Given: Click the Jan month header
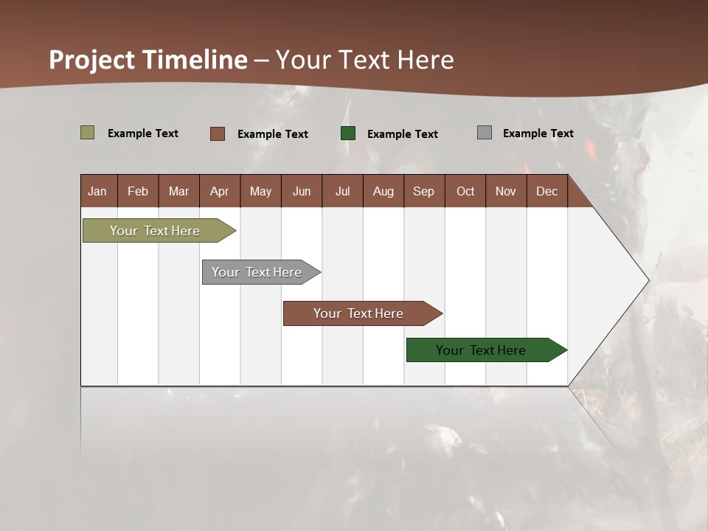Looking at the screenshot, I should (97, 191).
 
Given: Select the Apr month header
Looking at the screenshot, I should (219, 191).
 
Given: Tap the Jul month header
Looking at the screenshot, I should (342, 191).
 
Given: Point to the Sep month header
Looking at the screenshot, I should (423, 191).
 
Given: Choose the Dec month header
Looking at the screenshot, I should (546, 191).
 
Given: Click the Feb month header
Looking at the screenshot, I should (138, 191).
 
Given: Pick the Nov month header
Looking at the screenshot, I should (505, 191).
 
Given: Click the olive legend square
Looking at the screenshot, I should (87, 133).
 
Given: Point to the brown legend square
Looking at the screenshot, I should (217, 133).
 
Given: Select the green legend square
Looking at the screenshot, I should (348, 133).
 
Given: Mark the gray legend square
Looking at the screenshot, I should (485, 133).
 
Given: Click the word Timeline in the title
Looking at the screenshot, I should (194, 60).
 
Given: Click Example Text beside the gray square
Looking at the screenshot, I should (538, 133).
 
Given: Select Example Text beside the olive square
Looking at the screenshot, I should (142, 133).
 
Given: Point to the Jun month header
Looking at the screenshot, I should (302, 191).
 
